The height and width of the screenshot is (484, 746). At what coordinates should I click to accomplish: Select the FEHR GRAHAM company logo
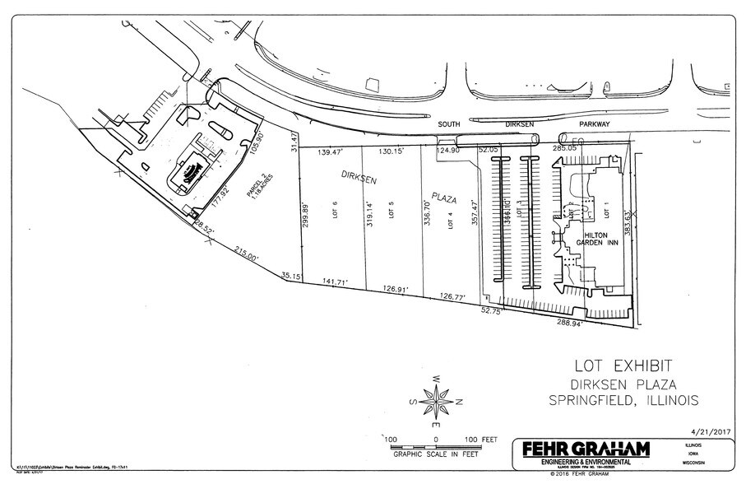[x=581, y=450]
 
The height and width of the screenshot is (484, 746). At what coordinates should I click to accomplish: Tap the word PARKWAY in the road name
[x=593, y=124]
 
